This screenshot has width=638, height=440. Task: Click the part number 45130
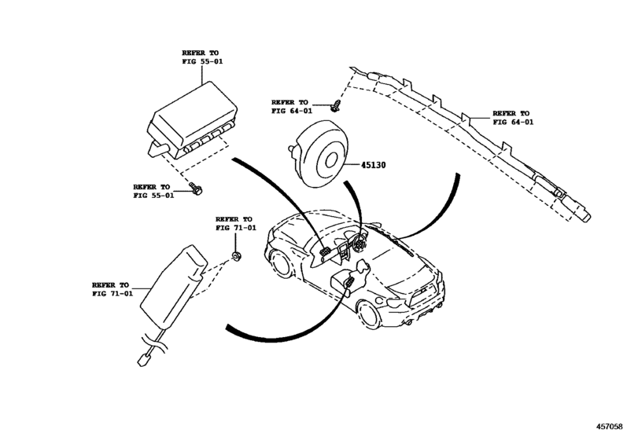click(378, 166)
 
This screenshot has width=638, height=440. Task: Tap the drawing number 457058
click(614, 427)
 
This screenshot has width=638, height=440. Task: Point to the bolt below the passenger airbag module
click(196, 188)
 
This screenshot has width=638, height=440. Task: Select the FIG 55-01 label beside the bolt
click(153, 191)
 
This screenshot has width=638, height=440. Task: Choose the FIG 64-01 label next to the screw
click(292, 107)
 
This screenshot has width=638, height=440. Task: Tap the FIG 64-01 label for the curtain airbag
click(512, 118)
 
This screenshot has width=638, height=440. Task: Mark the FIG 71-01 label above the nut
click(235, 223)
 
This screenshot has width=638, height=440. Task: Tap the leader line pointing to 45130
click(351, 166)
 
